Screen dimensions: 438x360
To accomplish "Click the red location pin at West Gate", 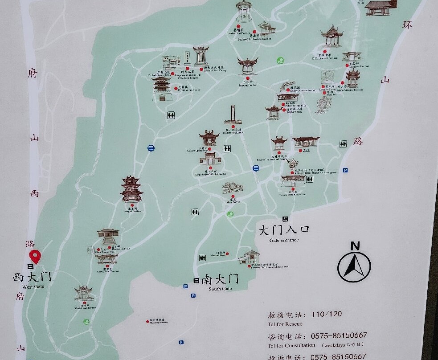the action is (x=35, y=256).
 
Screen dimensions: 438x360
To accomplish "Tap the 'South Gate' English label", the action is (x=221, y=289).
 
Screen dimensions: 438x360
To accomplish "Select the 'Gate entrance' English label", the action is (x=284, y=240).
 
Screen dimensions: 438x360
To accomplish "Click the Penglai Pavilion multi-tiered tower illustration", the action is (x=131, y=189).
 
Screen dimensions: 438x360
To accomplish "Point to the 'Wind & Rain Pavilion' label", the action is (x=85, y=308).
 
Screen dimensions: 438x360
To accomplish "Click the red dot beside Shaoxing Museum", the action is (x=147, y=321).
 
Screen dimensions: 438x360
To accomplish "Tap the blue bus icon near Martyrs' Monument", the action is (x=256, y=168).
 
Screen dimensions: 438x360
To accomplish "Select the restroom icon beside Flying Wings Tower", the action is (x=171, y=115).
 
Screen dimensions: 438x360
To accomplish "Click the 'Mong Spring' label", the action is (x=232, y=202).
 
